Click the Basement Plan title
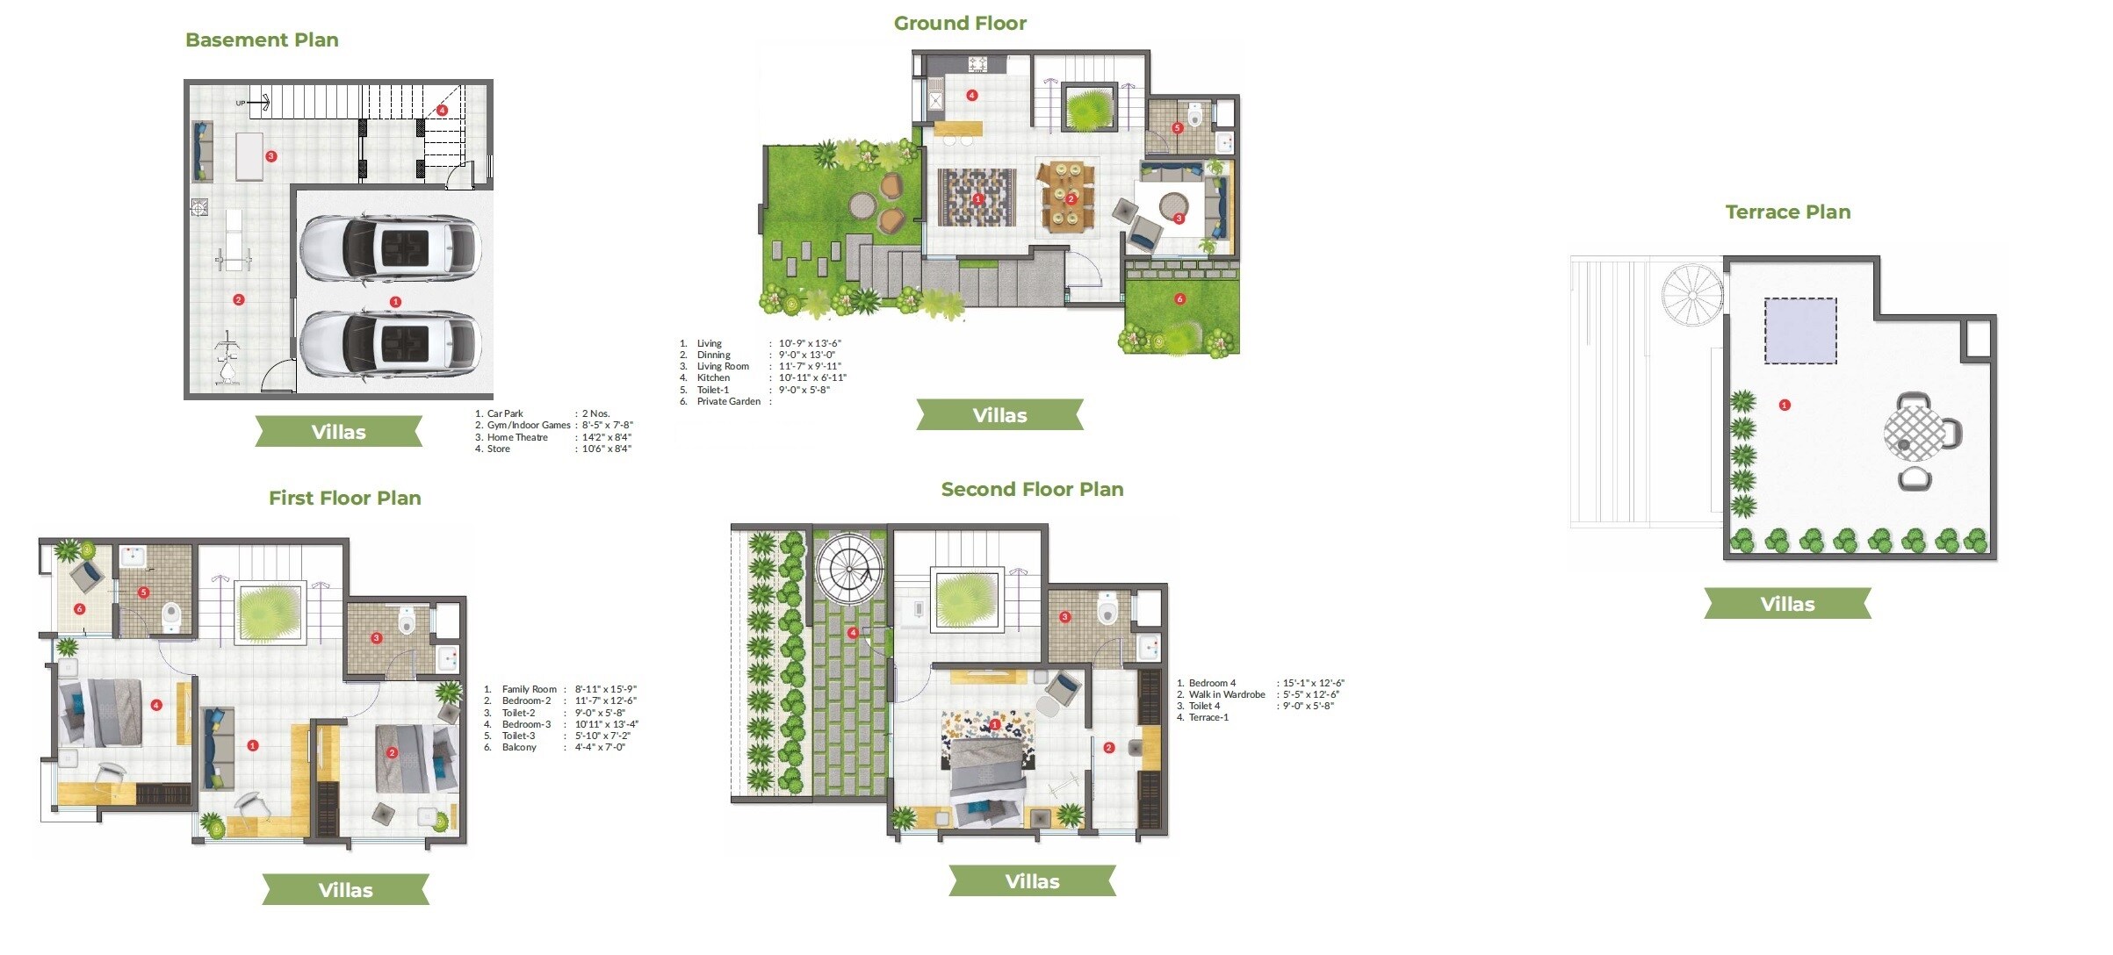pyautogui.click(x=262, y=40)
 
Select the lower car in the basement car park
pyautogui.click(x=390, y=342)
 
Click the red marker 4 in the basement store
pyautogui.click(x=442, y=111)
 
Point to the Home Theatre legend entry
pyautogui.click(x=517, y=437)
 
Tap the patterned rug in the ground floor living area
pyautogui.click(x=977, y=197)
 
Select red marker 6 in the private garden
pyautogui.click(x=1179, y=299)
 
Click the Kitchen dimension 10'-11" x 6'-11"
pyautogui.click(x=811, y=378)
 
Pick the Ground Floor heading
pyautogui.click(x=960, y=24)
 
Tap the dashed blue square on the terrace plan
pyautogui.click(x=1800, y=331)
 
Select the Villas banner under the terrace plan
pyautogui.click(x=1787, y=604)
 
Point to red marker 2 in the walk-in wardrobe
pyautogui.click(x=1108, y=748)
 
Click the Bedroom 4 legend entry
pyautogui.click(x=1212, y=683)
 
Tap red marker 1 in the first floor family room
pyautogui.click(x=253, y=745)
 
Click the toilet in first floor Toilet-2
pyautogui.click(x=406, y=621)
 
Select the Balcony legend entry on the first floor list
pyautogui.click(x=519, y=747)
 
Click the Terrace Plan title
pyautogui.click(x=1787, y=212)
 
